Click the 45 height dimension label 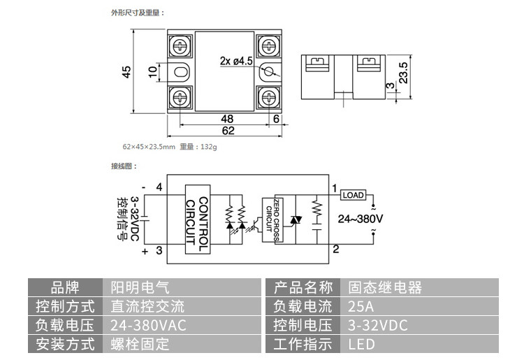(x=127, y=72)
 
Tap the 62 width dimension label (x=227, y=131)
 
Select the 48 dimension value (x=227, y=118)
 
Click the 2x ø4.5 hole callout (x=236, y=61)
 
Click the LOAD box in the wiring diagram (x=354, y=195)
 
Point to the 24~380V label (x=361, y=218)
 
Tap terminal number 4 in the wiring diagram (x=159, y=187)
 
